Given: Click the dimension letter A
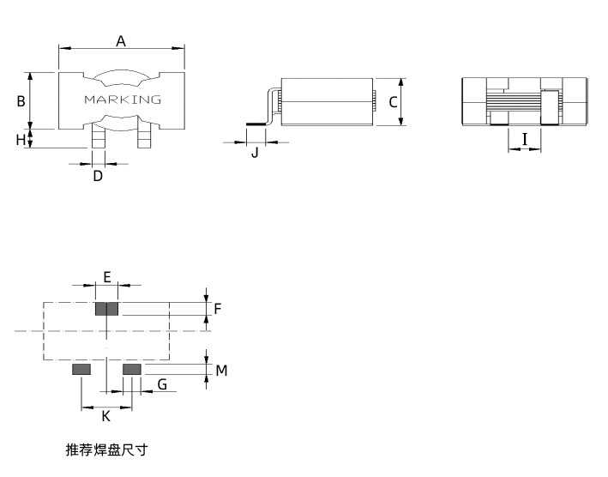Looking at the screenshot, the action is pyautogui.click(x=121, y=41).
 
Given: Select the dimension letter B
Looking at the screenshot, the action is pyautogui.click(x=21, y=101).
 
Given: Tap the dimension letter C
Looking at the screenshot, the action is pyautogui.click(x=393, y=102).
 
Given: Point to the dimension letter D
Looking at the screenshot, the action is pyautogui.click(x=98, y=176).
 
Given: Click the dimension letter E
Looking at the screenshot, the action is pyautogui.click(x=107, y=277).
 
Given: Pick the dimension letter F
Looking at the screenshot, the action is pyautogui.click(x=218, y=309).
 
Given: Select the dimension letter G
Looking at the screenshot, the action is pyautogui.click(x=162, y=384).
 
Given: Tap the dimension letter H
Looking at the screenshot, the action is pyautogui.click(x=21, y=140).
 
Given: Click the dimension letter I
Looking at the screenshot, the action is pyautogui.click(x=525, y=139).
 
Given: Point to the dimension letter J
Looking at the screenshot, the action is pyautogui.click(x=255, y=153).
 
